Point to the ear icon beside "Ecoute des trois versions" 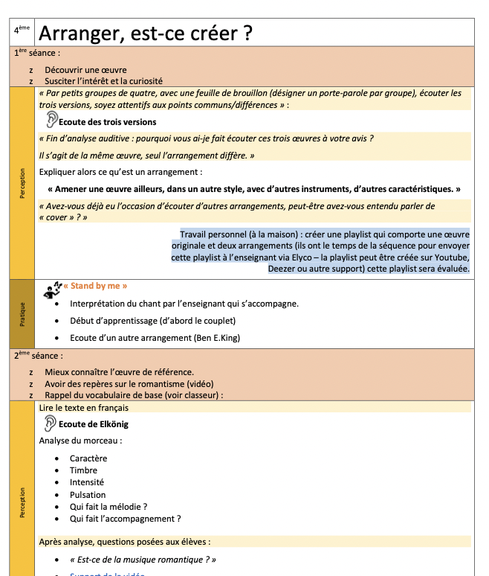[51, 120]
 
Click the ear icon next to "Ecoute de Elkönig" [50, 423]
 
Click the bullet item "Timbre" [83, 470]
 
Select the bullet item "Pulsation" [88, 495]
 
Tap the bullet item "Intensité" [88, 482]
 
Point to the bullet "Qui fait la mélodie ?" [109, 507]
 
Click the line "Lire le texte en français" [84, 408]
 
